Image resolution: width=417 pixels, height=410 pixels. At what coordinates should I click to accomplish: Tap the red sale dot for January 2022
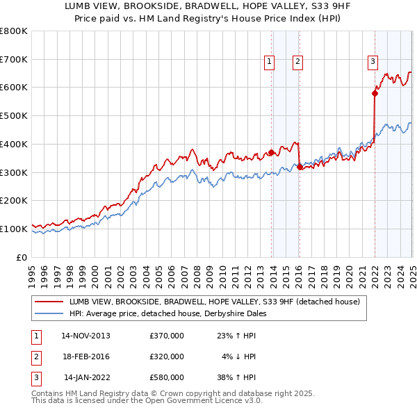(x=375, y=92)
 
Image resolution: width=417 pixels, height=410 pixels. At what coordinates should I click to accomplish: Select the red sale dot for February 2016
(x=300, y=167)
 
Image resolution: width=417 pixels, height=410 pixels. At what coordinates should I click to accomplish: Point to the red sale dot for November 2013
(x=271, y=152)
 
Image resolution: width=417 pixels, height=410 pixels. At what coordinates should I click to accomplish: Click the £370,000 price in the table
(x=167, y=335)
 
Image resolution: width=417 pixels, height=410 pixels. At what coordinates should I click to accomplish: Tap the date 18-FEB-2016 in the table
(x=85, y=356)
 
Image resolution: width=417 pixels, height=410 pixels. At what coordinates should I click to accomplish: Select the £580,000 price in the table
(x=167, y=378)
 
